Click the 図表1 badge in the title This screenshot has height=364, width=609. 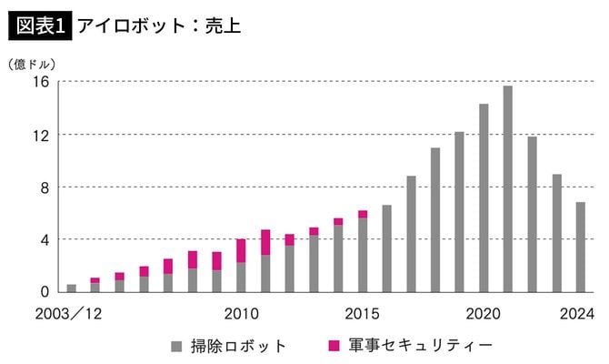coord(40,25)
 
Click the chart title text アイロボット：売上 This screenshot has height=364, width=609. coord(158,25)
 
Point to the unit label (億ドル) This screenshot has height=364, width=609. coord(32,65)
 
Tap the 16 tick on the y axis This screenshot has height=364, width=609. coord(40,82)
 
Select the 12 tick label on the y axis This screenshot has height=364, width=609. coord(40,135)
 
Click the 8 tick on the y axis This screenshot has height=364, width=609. coord(44,187)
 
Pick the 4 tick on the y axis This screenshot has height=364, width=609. coord(44,239)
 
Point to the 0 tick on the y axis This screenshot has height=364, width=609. coord(44,292)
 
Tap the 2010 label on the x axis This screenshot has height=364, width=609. coord(241,314)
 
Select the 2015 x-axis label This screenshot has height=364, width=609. coord(362,314)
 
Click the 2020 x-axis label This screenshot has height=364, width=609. coord(484,314)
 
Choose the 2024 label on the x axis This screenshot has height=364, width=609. coord(576,314)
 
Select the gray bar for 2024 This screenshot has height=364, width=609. coord(581,247)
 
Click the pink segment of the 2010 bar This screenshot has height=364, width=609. coord(241,250)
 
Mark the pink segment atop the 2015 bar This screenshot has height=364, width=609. coord(363,214)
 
